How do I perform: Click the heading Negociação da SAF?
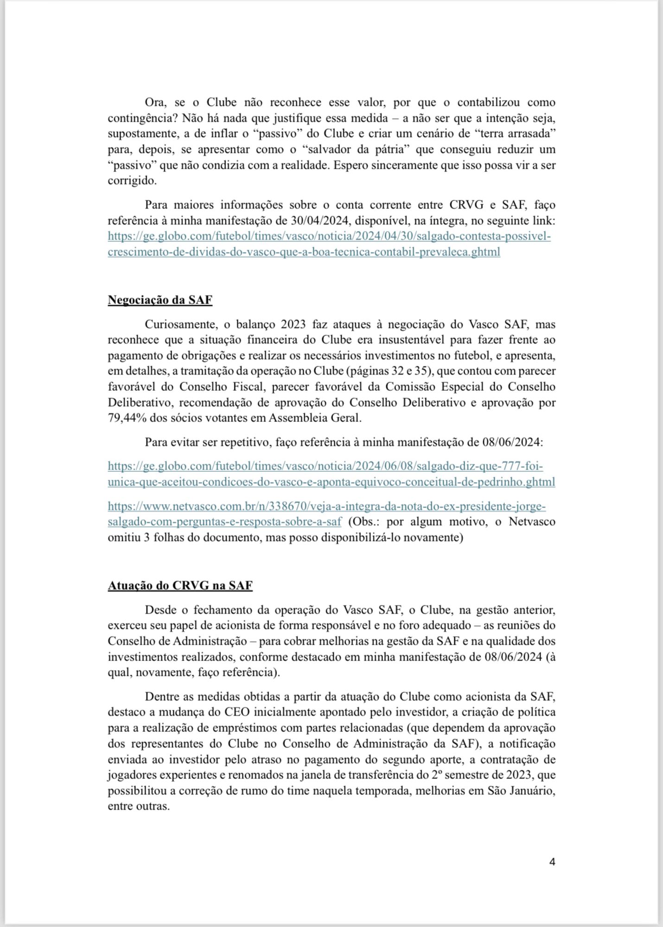[x=160, y=300]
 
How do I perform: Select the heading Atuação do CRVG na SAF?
[x=180, y=585]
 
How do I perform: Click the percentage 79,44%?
[x=125, y=418]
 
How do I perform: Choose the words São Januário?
[x=521, y=791]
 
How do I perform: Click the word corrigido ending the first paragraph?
[x=132, y=181]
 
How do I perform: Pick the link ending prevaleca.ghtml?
[x=304, y=252]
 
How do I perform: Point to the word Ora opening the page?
[x=155, y=102]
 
